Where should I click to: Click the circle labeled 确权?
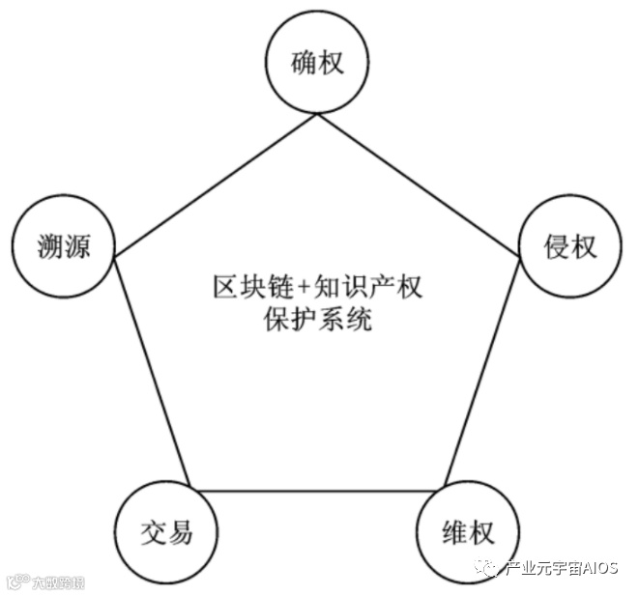pos(318,64)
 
